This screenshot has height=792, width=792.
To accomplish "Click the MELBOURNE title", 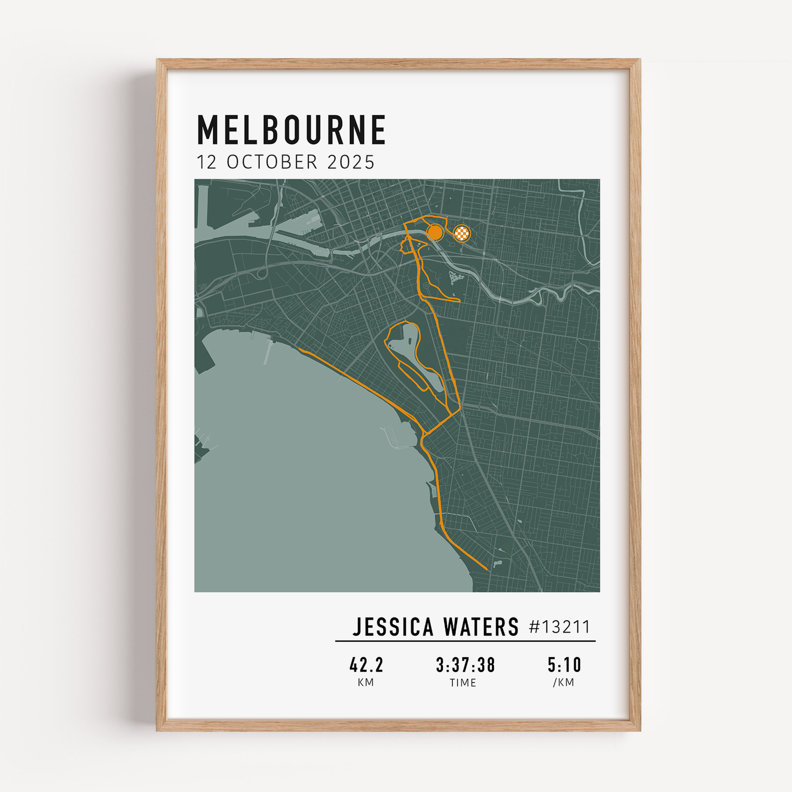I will (x=291, y=130).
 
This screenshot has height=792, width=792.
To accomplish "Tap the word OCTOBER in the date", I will (x=272, y=162).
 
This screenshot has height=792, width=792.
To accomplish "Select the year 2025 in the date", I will (x=351, y=162).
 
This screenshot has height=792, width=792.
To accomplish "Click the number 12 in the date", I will (x=207, y=162).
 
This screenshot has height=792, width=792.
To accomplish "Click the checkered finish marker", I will (x=463, y=234).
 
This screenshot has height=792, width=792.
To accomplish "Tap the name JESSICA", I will (x=393, y=627).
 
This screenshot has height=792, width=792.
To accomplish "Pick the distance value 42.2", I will (x=366, y=665).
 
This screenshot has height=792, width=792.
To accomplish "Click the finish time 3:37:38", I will (x=465, y=665).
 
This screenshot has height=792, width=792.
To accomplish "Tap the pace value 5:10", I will (x=564, y=665).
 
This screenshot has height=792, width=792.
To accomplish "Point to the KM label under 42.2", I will (x=366, y=683).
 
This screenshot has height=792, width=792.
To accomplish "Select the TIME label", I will (x=463, y=683).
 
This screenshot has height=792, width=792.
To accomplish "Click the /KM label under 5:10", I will (x=564, y=683).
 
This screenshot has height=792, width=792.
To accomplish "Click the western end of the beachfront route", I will (x=300, y=349).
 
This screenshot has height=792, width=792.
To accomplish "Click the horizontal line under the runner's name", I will (x=465, y=641).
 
